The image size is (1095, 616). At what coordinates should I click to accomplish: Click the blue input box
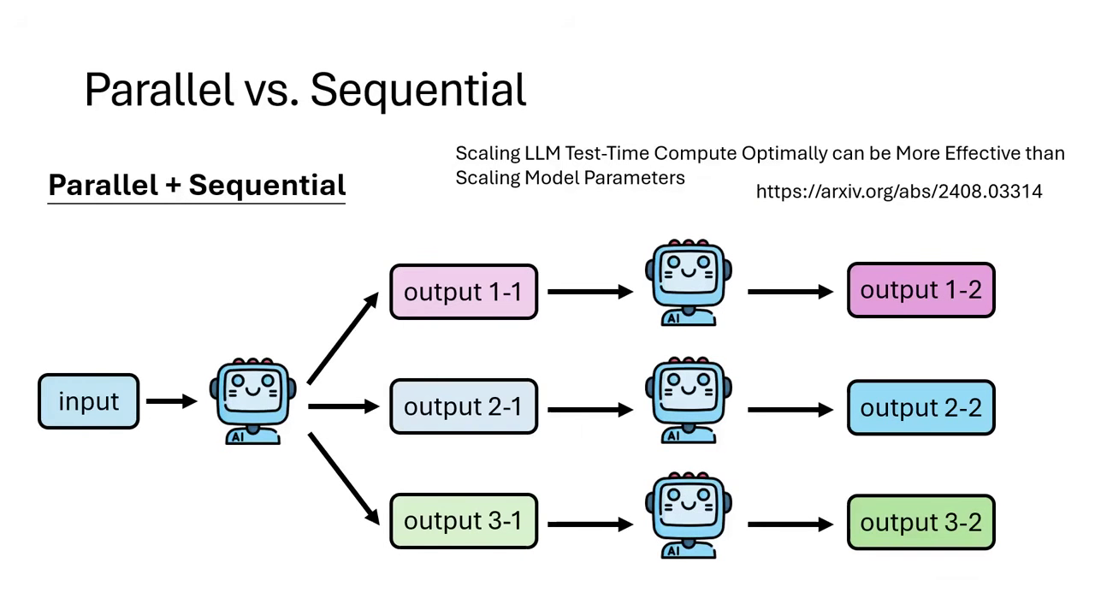88,401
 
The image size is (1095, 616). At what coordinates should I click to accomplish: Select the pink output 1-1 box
463,292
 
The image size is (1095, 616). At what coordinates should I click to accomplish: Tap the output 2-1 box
463,407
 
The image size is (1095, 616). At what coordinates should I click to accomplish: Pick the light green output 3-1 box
463,521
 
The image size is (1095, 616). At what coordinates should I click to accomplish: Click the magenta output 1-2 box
920,291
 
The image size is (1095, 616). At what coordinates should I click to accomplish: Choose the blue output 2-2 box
920,408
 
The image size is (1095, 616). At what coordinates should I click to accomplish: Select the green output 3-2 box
920,522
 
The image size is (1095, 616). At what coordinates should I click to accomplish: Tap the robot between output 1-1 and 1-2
689,283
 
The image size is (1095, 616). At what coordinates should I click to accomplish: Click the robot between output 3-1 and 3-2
689,515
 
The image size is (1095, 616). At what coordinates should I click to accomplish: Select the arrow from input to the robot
171,400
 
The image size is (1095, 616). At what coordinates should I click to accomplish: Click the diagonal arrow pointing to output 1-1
343,337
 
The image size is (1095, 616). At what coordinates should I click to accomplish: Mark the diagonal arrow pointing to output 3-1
343,477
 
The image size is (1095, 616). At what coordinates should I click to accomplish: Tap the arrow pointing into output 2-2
790,410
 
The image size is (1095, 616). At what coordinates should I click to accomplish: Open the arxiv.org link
898,192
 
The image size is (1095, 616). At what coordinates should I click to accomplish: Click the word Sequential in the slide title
417,90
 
